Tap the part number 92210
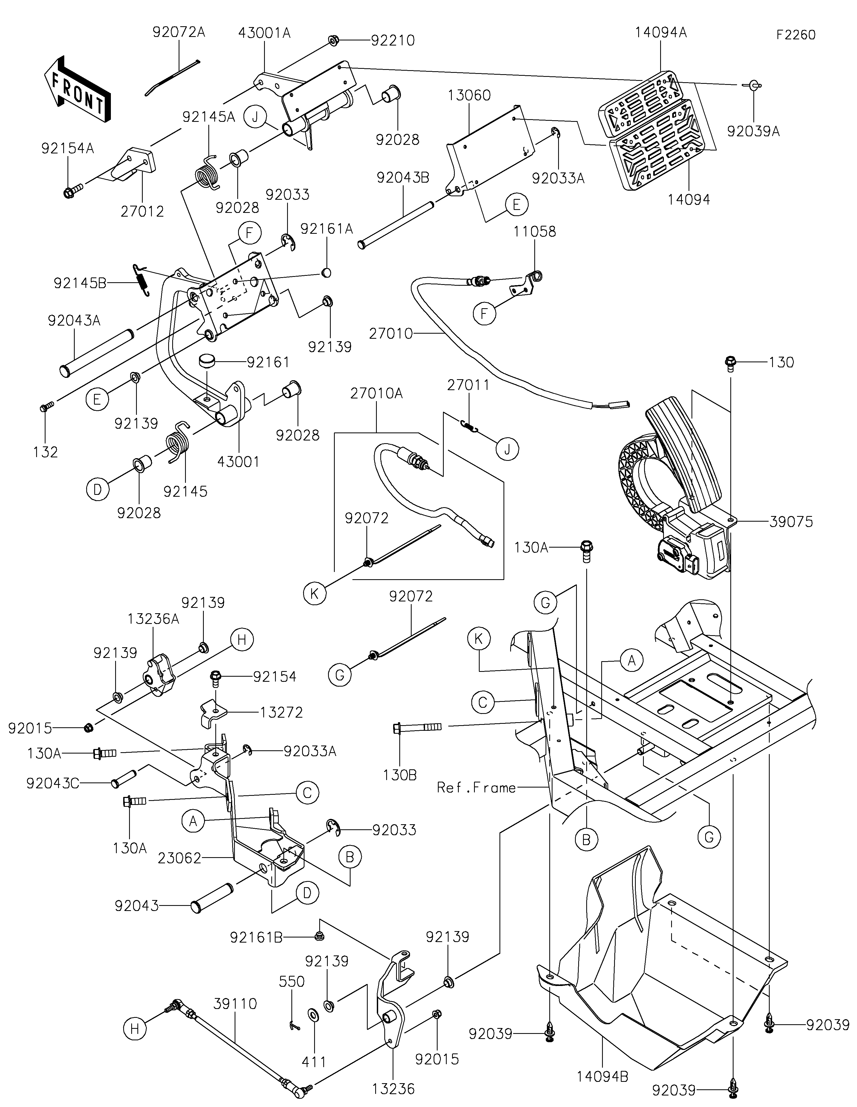click(393, 40)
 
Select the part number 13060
click(469, 95)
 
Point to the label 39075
click(791, 522)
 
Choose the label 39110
click(235, 1004)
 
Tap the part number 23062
click(179, 858)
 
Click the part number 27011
click(468, 385)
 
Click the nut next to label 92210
click(333, 40)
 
